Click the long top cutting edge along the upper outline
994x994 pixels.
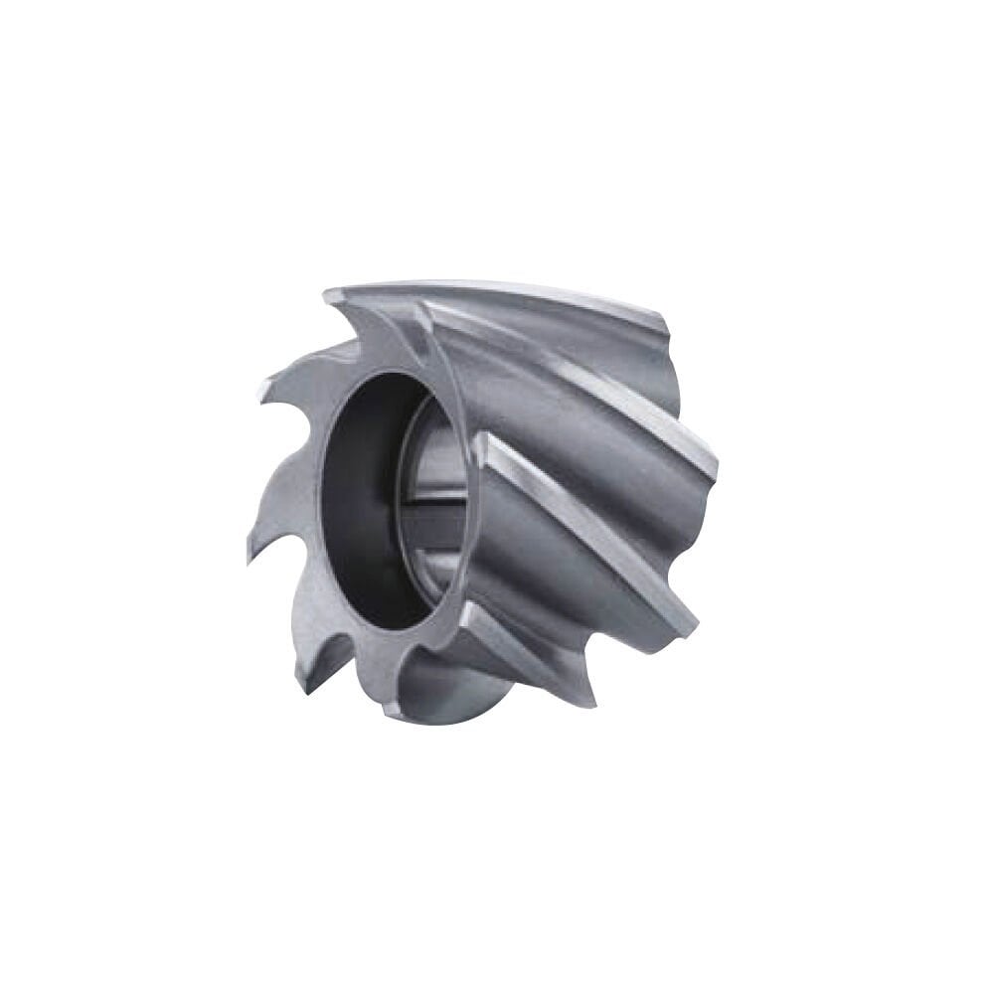coord(497,287)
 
